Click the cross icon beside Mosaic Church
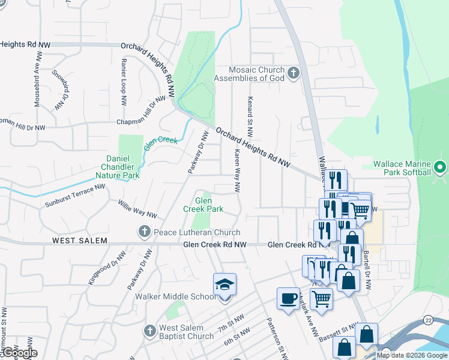294,74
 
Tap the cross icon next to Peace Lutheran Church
144,232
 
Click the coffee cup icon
288,298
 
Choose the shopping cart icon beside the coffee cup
322,298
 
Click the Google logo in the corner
19,353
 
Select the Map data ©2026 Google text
412,355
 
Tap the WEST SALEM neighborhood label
79,241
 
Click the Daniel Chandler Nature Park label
118,167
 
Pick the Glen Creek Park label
203,205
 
